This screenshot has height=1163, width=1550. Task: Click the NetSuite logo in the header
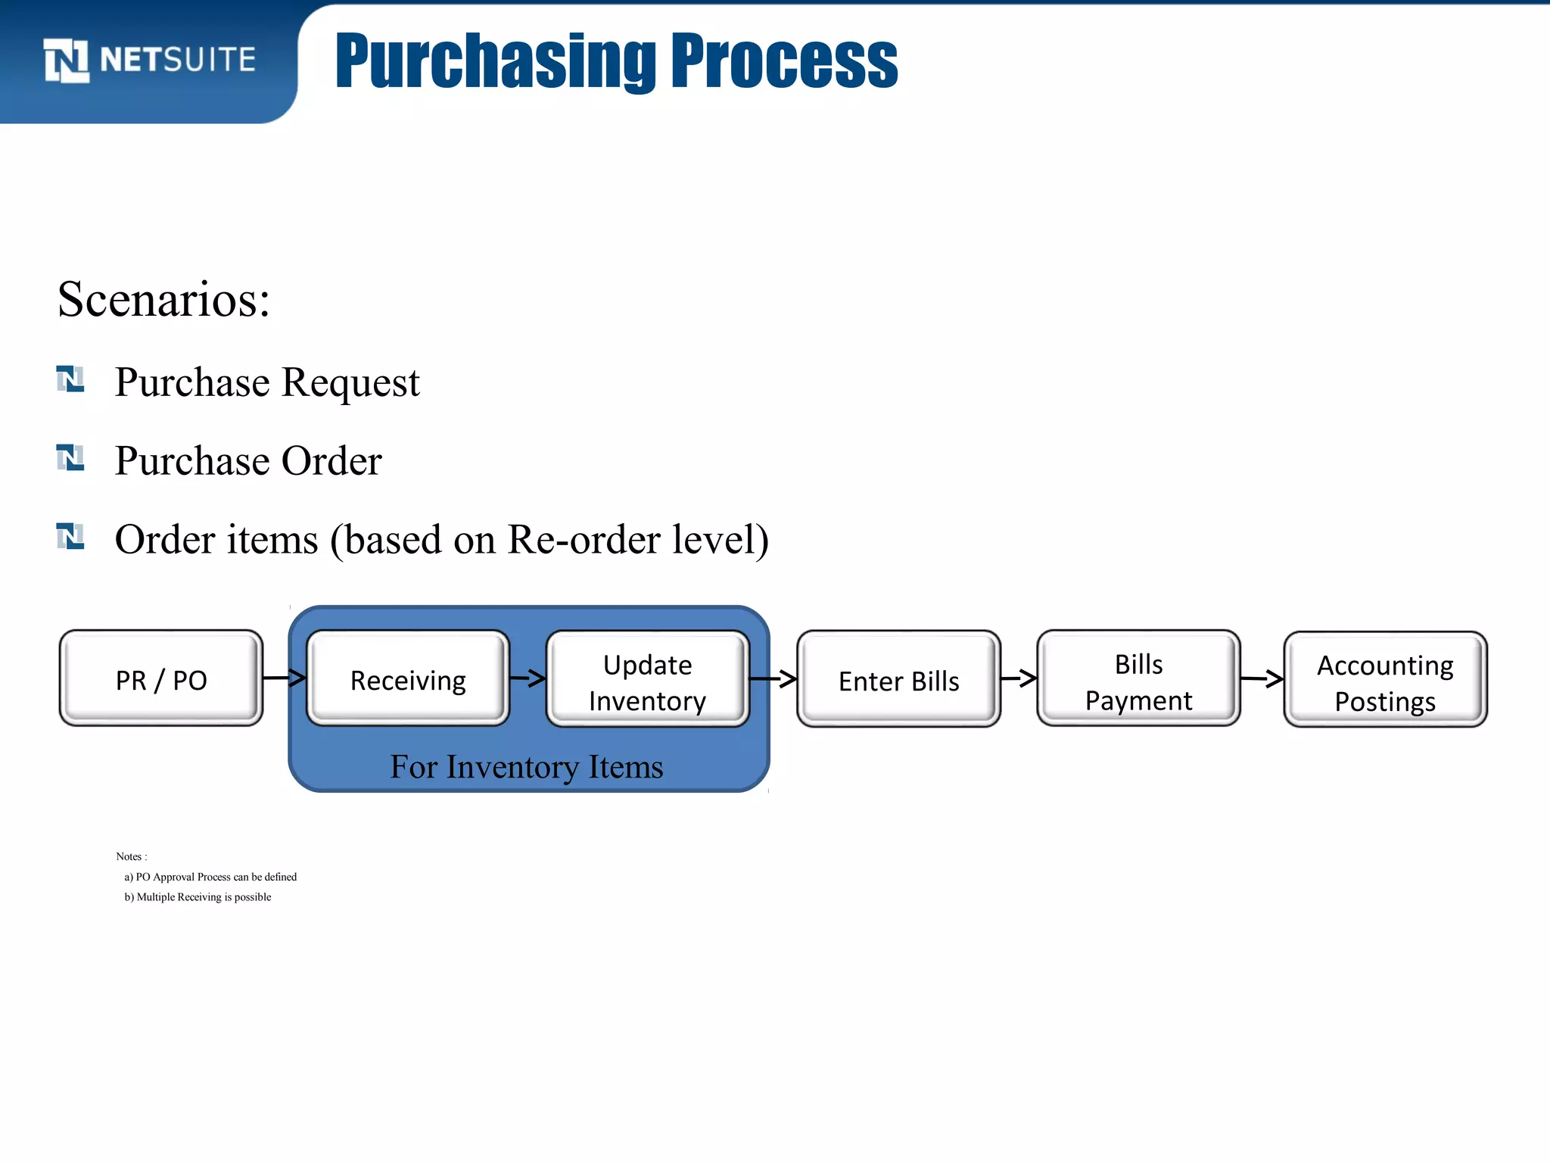pos(149,60)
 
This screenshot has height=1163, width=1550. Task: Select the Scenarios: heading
pos(163,300)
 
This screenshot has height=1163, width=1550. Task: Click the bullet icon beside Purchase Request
pos(70,379)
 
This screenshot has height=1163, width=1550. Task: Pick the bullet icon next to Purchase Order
pos(70,457)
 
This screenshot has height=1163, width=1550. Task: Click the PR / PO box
pos(161,679)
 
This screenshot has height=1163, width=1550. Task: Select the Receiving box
pos(408,679)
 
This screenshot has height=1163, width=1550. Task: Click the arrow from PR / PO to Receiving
pos(285,678)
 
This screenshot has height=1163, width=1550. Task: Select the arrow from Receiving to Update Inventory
pos(528,678)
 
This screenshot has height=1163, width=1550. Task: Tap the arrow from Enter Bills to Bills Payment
pos(1019,678)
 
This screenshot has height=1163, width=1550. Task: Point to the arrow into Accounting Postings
pos(1262,678)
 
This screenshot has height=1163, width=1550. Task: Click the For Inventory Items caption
pos(527,767)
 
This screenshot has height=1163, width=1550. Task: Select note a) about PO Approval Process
pos(210,877)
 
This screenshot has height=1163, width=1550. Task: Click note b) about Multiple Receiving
pos(198,897)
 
